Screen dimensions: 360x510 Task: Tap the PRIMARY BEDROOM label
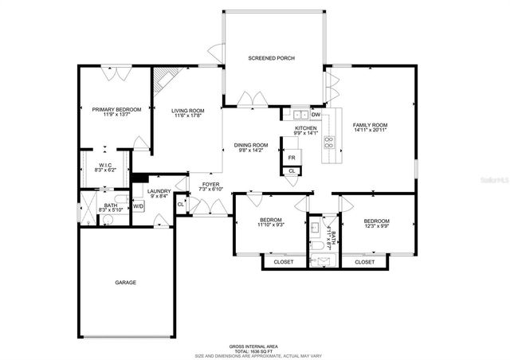point(116,109)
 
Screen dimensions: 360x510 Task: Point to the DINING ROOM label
point(251,145)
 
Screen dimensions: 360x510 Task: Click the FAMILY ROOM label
point(370,125)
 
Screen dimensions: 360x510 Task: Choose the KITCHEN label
point(306,128)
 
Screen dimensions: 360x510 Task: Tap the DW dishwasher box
point(316,115)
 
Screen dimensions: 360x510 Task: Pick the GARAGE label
point(125,283)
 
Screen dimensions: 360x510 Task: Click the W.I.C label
point(104,166)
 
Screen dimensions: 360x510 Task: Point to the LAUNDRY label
point(159,192)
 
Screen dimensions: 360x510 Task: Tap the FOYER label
point(210,185)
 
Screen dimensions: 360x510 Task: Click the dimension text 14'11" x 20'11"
point(370,131)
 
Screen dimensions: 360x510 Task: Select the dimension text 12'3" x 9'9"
point(376,226)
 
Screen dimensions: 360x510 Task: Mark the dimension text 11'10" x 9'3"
point(271,226)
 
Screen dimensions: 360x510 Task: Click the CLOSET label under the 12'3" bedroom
point(365,261)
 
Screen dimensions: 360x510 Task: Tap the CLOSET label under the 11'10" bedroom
point(283,261)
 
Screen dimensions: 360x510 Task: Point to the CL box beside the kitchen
point(292,171)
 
